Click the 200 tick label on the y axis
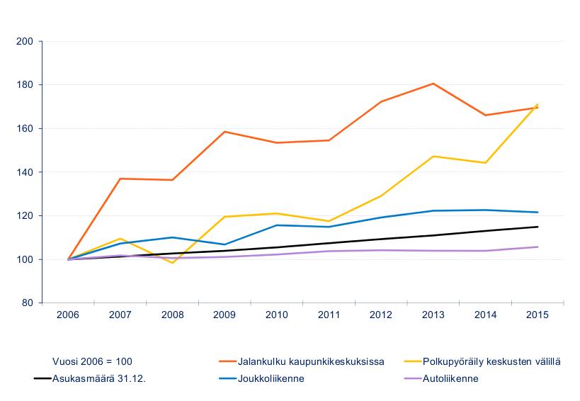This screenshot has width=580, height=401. [25, 41]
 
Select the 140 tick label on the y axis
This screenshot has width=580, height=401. [25, 172]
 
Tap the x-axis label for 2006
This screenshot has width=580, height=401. [69, 313]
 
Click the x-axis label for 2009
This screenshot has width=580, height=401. [224, 313]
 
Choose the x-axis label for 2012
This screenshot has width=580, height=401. [381, 313]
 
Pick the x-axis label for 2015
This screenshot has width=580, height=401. [538, 313]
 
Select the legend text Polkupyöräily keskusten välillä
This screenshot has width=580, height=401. [491, 361]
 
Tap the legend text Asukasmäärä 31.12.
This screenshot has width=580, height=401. [100, 378]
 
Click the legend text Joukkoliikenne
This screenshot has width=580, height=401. [272, 378]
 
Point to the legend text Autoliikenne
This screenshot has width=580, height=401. [450, 378]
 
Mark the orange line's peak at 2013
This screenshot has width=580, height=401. [433, 84]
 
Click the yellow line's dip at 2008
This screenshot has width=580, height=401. [172, 263]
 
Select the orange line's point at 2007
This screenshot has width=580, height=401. [120, 179]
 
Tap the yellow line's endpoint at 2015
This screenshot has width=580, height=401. [538, 104]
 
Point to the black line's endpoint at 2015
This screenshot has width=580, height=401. [538, 227]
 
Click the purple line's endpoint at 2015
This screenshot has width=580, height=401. [538, 247]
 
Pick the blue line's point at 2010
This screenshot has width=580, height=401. [277, 225]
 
